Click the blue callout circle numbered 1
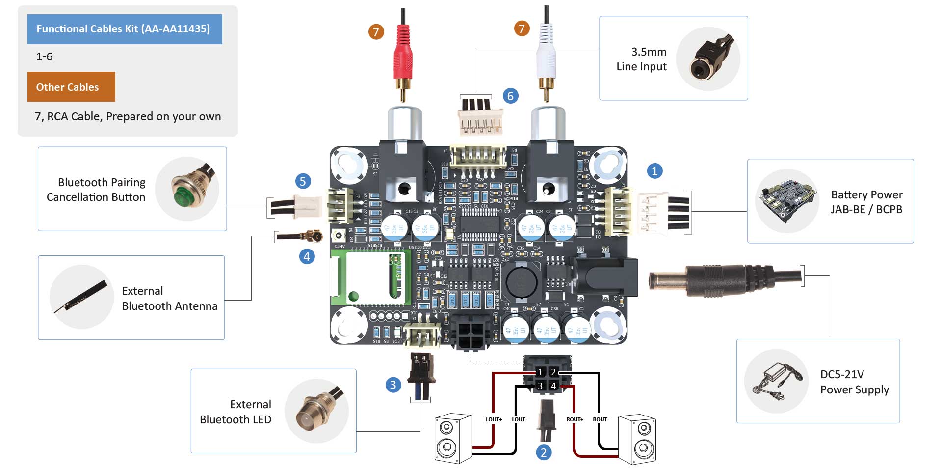pyautogui.click(x=654, y=171)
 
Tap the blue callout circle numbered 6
pyautogui.click(x=510, y=96)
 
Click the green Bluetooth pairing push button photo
pyautogui.click(x=187, y=189)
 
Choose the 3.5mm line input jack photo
pyautogui.click(x=708, y=59)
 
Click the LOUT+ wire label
pyautogui.click(x=494, y=419)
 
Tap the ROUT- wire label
pyautogui.click(x=601, y=419)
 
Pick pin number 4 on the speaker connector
pyautogui.click(x=553, y=386)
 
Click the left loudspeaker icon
pyautogui.click(x=453, y=439)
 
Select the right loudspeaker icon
pyautogui.click(x=637, y=439)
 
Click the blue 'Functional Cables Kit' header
pyautogui.click(x=125, y=29)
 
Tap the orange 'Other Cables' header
pyautogui.click(x=71, y=87)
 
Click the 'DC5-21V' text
pyautogui.click(x=842, y=374)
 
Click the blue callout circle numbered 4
pyautogui.click(x=307, y=256)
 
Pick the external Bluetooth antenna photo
pyautogui.click(x=81, y=297)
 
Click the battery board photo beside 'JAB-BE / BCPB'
pyautogui.click(x=786, y=201)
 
